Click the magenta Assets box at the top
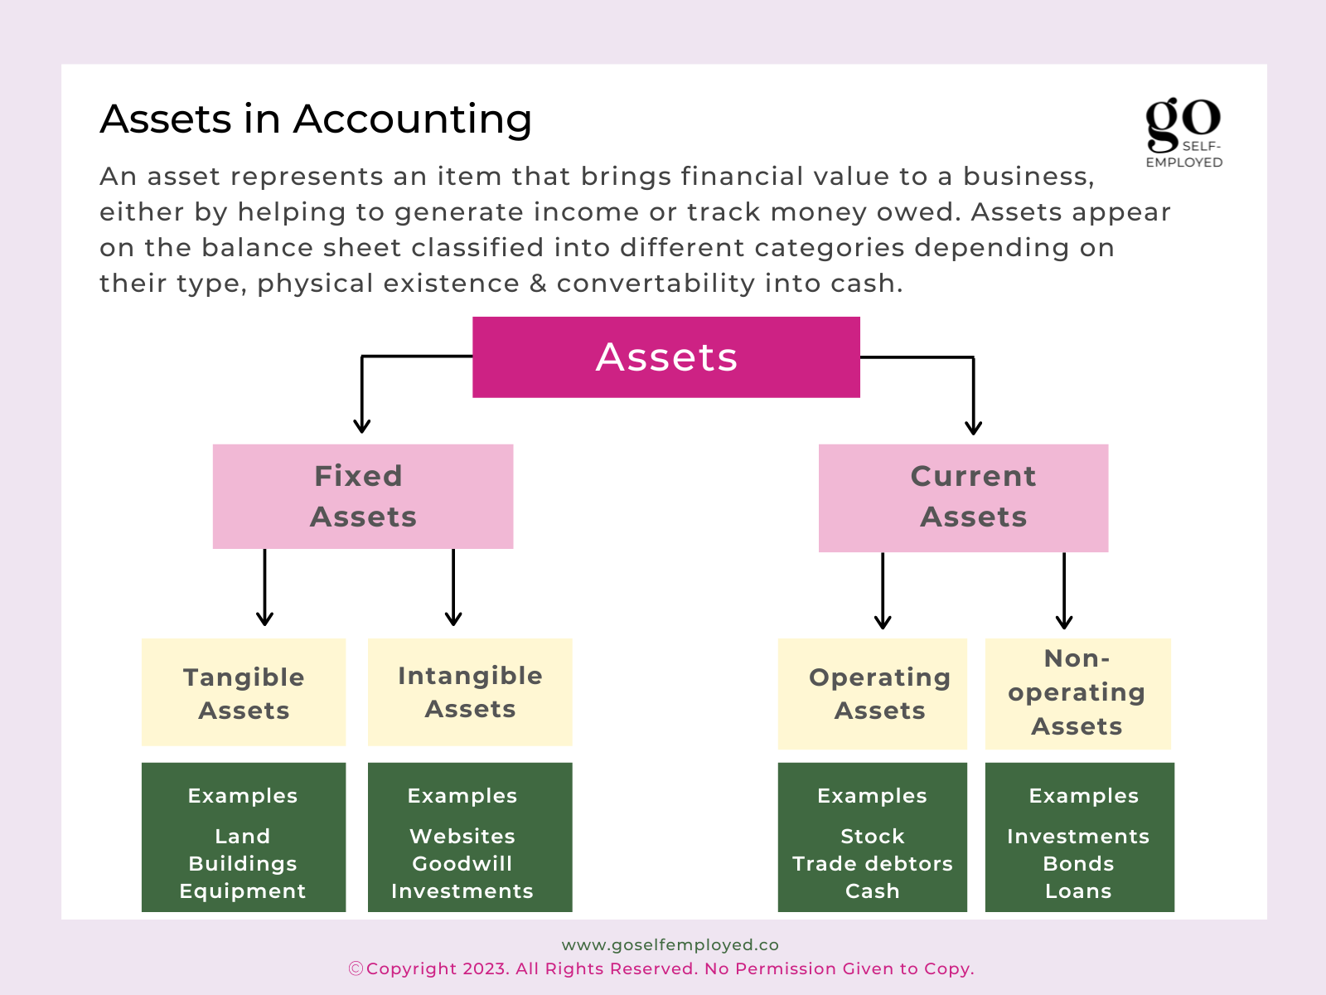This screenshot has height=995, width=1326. [665, 357]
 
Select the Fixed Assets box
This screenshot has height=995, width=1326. [362, 497]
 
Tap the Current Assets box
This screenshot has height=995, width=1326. [963, 498]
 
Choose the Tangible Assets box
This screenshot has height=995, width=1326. [244, 692]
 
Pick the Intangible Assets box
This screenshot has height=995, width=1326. [470, 692]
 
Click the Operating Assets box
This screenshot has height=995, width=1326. [873, 693]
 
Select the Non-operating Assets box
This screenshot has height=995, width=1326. [1077, 693]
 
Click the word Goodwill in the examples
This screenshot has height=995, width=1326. [462, 864]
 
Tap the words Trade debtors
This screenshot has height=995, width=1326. [873, 864]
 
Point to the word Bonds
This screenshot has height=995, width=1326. [1078, 864]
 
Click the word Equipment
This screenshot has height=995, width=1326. [243, 891]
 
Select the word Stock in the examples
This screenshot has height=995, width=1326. [873, 836]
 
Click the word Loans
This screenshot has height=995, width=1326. [1078, 891]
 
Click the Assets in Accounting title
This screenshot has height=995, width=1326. [316, 119]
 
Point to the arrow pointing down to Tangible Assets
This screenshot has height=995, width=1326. [264, 587]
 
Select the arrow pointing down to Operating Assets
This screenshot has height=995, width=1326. [883, 591]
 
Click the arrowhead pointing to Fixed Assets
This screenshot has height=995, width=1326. [362, 426]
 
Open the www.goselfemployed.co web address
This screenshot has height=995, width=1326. [670, 945]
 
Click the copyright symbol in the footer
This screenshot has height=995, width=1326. [356, 969]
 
